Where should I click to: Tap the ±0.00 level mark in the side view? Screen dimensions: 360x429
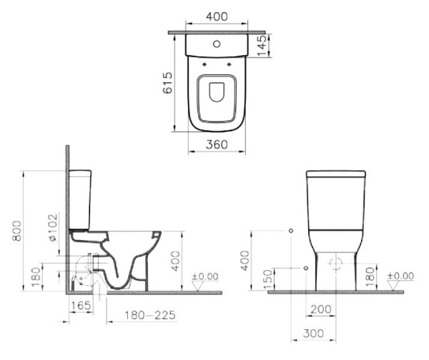(207, 276)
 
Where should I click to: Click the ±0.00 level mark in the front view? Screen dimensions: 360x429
(400, 276)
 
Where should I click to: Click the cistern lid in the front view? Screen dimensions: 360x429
(335, 174)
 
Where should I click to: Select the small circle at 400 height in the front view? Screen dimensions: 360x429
(291, 231)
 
